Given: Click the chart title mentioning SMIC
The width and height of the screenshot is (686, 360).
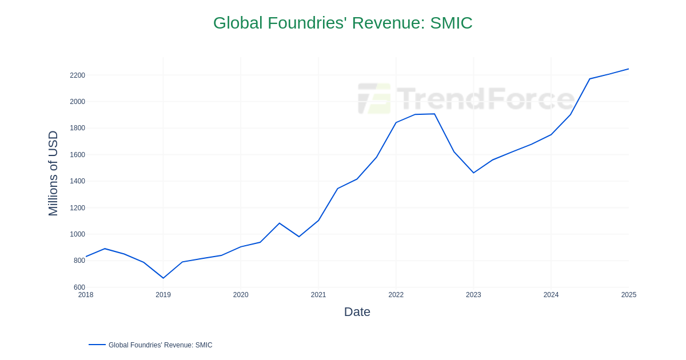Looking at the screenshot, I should click(x=342, y=23).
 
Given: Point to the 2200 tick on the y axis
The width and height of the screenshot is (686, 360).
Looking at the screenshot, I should click(x=77, y=75).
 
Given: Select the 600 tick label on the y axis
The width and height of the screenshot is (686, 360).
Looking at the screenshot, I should click(x=79, y=287).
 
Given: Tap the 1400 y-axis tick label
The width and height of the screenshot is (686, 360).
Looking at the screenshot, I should click(x=77, y=181).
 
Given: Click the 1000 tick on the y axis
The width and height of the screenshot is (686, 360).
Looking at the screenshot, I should click(x=77, y=234).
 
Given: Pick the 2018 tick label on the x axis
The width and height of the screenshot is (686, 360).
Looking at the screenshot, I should click(x=86, y=295).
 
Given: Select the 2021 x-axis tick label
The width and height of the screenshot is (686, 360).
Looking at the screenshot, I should click(x=318, y=295).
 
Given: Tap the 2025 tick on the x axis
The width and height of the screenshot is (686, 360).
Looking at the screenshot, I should click(x=628, y=295).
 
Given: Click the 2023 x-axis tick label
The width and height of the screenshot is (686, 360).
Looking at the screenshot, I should click(x=473, y=295).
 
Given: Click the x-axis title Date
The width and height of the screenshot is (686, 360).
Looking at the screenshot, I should click(x=357, y=312).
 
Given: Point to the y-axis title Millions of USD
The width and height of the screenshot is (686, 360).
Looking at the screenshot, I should click(x=53, y=173).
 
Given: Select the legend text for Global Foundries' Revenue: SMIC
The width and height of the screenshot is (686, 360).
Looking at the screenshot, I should click(x=160, y=345).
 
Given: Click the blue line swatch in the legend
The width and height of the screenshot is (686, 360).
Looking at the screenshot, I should click(x=97, y=345).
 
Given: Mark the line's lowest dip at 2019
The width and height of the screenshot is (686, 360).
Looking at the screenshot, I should click(x=163, y=278).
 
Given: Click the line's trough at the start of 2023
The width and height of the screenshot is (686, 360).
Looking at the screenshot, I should click(x=473, y=173).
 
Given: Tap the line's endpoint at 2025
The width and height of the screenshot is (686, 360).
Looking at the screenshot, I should click(x=628, y=69).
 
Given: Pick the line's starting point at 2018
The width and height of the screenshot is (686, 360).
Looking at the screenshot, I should click(x=86, y=257).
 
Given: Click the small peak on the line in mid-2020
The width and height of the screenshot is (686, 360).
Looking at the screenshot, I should click(x=279, y=223).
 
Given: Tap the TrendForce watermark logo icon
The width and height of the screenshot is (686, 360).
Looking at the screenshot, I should click(x=374, y=98).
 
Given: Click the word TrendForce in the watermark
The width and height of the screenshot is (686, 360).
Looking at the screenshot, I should click(x=485, y=98).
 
